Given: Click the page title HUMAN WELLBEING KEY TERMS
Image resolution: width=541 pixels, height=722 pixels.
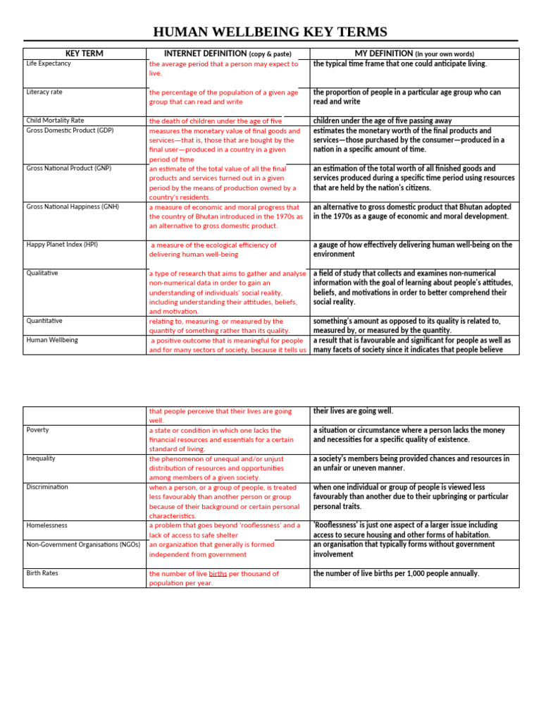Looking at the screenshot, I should pyautogui.click(x=270, y=32).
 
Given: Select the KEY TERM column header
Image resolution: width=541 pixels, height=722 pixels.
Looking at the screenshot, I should pyautogui.click(x=85, y=54).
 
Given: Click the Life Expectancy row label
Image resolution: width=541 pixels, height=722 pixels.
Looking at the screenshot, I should pyautogui.click(x=49, y=63).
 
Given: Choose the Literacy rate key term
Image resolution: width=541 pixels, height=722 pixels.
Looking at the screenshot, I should pyautogui.click(x=44, y=92).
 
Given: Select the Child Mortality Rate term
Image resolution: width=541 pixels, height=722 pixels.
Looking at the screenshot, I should pyautogui.click(x=55, y=121).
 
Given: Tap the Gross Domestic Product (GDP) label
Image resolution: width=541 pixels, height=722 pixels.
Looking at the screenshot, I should pyautogui.click(x=70, y=130).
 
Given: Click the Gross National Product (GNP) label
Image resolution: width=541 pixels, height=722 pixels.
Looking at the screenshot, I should pyautogui.click(x=69, y=169).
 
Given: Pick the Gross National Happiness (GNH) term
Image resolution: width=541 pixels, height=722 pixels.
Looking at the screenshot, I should pyautogui.click(x=73, y=207).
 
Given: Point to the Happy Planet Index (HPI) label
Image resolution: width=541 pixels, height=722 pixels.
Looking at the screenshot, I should pyautogui.click(x=62, y=245).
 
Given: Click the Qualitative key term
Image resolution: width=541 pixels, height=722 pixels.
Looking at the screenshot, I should pyautogui.click(x=42, y=273).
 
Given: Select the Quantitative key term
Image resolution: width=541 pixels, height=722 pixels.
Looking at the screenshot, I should pyautogui.click(x=44, y=321).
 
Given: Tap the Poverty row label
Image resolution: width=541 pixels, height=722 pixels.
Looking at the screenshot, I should pyautogui.click(x=38, y=430).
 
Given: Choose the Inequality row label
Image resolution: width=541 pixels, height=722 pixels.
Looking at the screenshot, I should pyautogui.click(x=42, y=458).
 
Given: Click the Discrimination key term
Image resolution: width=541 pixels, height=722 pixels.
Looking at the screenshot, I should pyautogui.click(x=47, y=487).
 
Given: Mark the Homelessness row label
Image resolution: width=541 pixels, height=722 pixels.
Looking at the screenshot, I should pyautogui.click(x=47, y=525).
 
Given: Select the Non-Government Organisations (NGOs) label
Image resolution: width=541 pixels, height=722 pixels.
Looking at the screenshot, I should pyautogui.click(x=83, y=544).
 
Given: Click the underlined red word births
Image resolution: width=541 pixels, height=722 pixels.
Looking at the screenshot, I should pyautogui.click(x=218, y=574).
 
